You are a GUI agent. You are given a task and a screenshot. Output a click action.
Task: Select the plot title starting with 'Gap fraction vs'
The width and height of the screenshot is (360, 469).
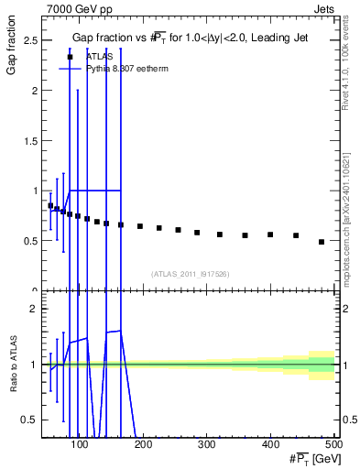point(190,37)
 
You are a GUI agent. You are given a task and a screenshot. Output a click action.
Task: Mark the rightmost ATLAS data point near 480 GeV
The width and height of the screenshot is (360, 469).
point(321,242)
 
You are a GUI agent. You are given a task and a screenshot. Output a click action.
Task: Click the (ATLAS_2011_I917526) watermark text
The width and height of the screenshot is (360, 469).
point(189,273)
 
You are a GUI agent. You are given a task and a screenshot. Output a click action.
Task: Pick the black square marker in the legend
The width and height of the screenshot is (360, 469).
point(70,57)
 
